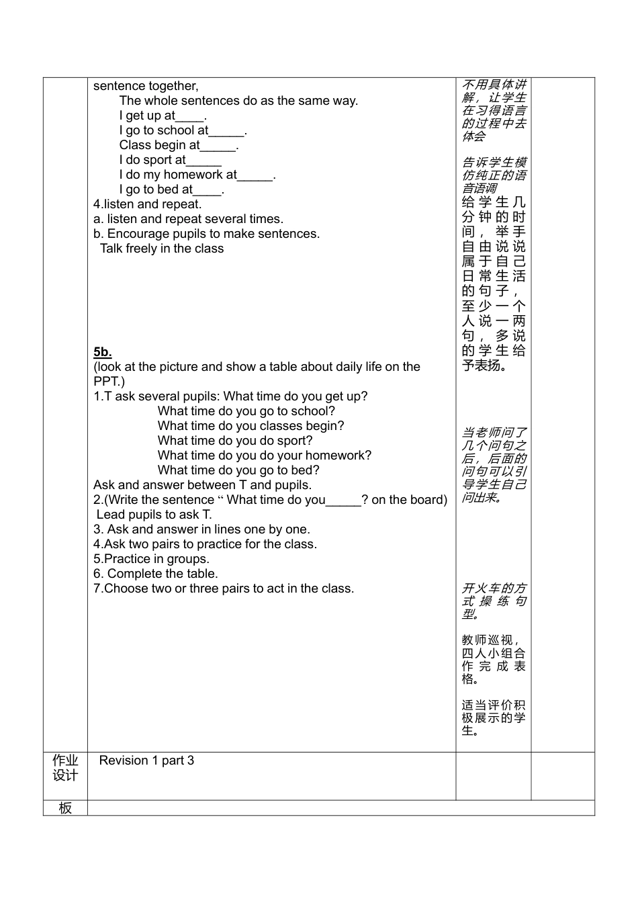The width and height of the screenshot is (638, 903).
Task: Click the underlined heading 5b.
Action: pyautogui.click(x=102, y=352)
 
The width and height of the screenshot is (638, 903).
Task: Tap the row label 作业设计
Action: pyautogui.click(x=65, y=768)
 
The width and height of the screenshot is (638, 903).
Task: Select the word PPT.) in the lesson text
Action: pyautogui.click(x=109, y=382)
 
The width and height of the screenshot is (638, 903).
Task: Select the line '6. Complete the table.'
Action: pyautogui.click(x=156, y=574)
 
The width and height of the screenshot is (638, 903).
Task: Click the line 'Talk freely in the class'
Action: pyautogui.click(x=162, y=249)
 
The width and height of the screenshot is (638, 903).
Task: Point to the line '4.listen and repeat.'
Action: pyautogui.click(x=147, y=204)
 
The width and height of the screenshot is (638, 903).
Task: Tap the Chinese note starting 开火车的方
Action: pyautogui.click(x=494, y=601)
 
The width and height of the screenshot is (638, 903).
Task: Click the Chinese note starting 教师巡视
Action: pyautogui.click(x=494, y=659)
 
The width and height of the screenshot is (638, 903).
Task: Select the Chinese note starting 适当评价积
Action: pyautogui.click(x=494, y=718)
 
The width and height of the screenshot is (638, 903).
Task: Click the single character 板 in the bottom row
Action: pyautogui.click(x=65, y=808)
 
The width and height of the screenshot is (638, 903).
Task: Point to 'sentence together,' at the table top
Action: pyautogui.click(x=146, y=86)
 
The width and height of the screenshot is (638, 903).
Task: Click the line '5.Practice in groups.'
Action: pyautogui.click(x=151, y=559)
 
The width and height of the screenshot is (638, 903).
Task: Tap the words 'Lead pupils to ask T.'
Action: pyautogui.click(x=154, y=515)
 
